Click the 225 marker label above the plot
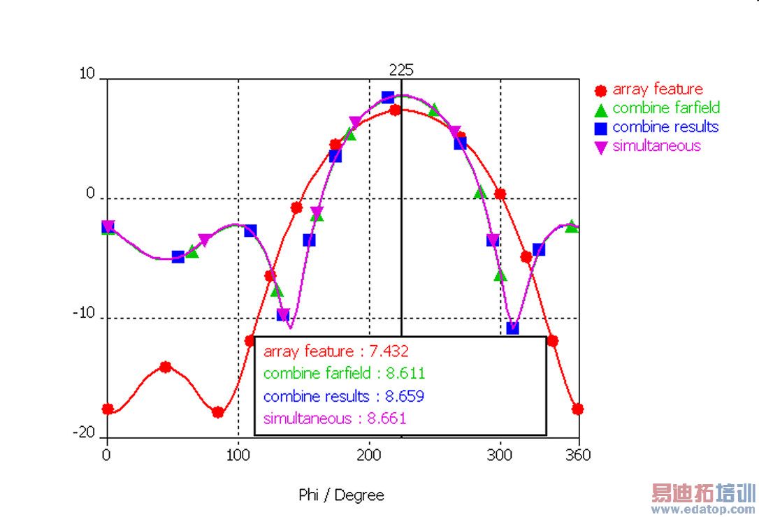pos(401,70)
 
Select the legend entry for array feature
pos(657,89)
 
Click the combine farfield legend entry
pos(665,108)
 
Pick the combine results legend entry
pos(665,127)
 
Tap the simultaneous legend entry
pos(656,146)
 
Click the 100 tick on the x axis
pos(238,456)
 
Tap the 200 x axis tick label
pos(369,456)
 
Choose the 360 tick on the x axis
pos(578,456)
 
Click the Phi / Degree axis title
pos(341,495)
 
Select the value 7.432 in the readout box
pos(391,351)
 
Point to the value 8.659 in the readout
pos(406,396)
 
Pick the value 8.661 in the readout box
pos(388,418)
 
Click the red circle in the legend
pos(600,90)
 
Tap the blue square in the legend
pos(600,128)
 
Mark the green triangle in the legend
pos(600,109)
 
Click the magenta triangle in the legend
pos(600,147)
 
